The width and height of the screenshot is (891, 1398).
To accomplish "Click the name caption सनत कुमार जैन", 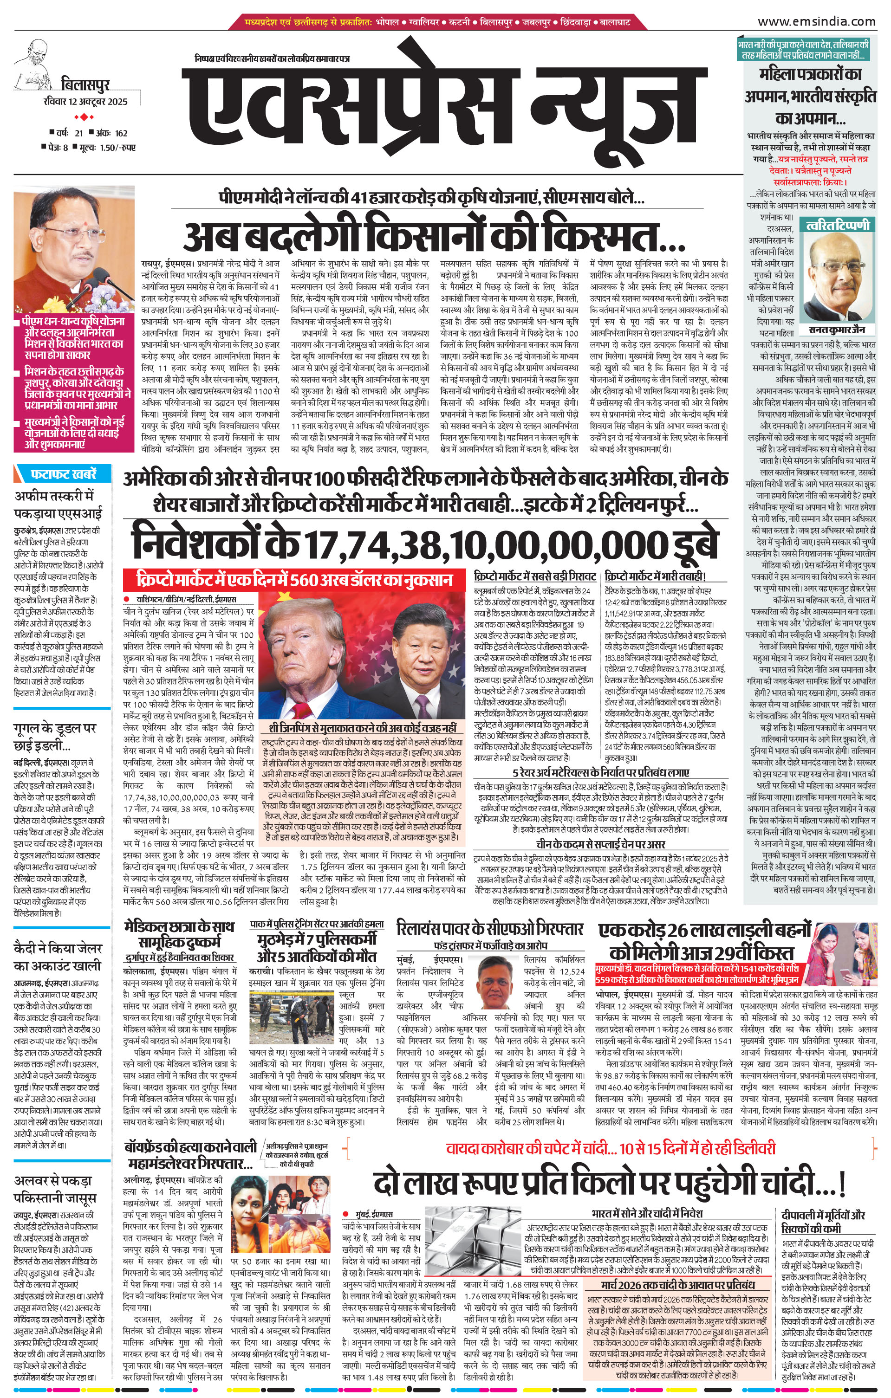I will pos(836,330).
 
